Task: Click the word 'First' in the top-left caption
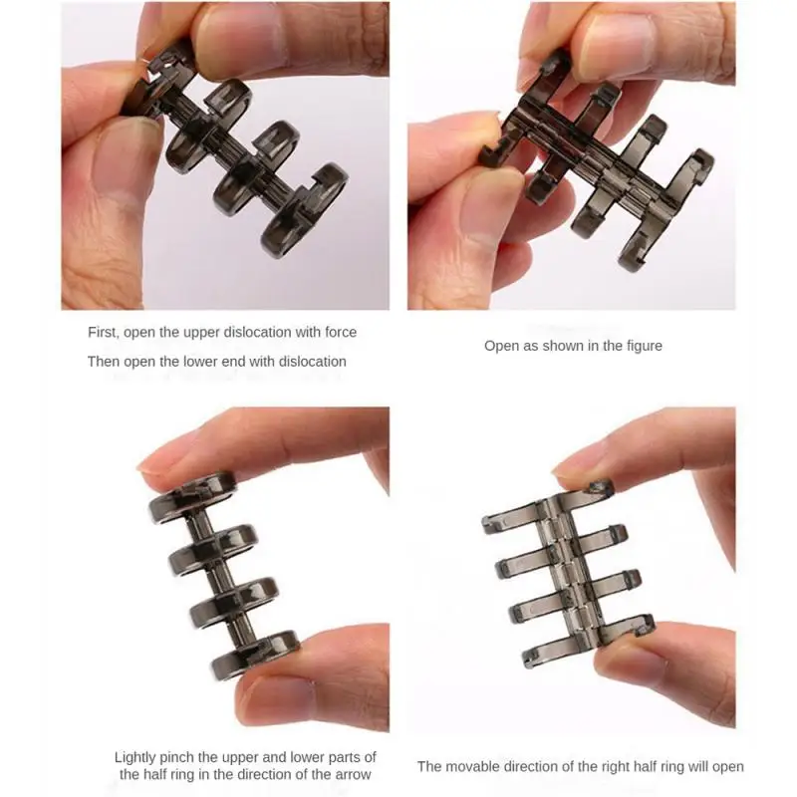(x=104, y=332)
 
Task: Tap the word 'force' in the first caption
(x=338, y=332)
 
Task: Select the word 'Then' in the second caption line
(x=104, y=362)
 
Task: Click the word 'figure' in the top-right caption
(x=642, y=346)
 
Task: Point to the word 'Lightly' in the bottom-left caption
(x=137, y=757)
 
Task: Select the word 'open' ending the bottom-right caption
(x=725, y=766)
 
